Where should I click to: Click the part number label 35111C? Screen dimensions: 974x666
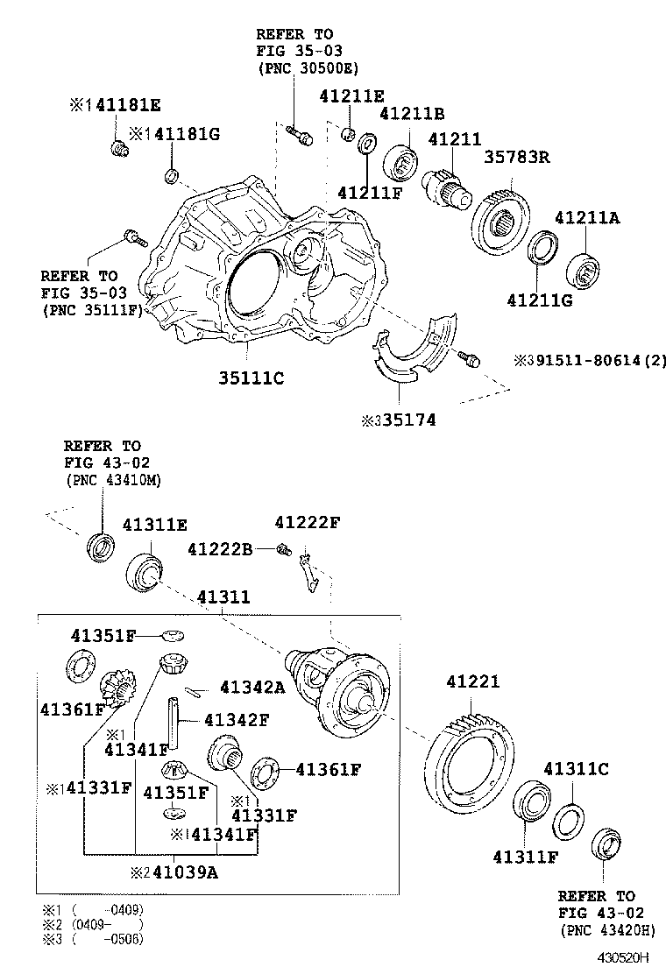tap(251, 378)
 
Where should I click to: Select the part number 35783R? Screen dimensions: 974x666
tap(516, 158)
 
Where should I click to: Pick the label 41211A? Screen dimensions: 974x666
tap(585, 218)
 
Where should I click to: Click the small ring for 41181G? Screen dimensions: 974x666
tap(172, 178)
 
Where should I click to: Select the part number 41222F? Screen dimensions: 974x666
tap(307, 523)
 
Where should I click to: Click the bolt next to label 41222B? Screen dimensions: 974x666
tap(282, 550)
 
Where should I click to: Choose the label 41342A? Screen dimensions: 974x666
tap(252, 688)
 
